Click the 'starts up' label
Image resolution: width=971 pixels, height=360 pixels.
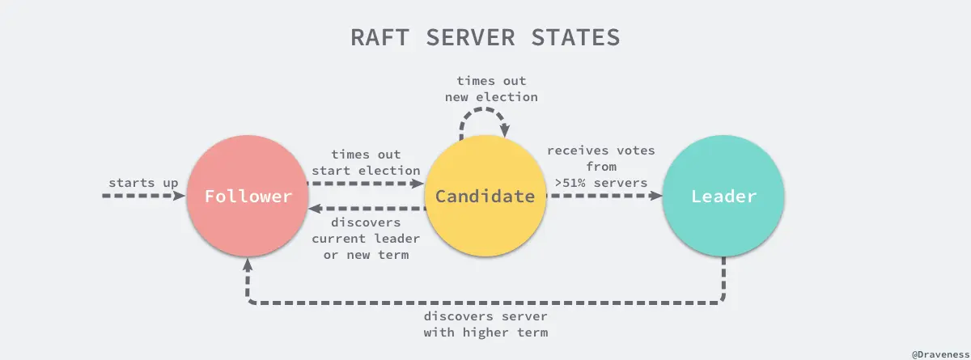[143, 183]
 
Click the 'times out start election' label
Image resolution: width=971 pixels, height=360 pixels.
[366, 162]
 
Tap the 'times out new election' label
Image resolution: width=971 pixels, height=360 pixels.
[491, 89]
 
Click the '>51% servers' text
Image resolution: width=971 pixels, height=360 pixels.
[600, 183]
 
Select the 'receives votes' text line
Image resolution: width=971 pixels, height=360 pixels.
[600, 151]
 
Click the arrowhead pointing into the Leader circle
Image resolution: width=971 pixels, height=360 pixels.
[657, 197]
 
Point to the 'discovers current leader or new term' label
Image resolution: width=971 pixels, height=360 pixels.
[366, 238]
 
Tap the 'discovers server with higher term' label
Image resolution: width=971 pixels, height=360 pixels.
[485, 324]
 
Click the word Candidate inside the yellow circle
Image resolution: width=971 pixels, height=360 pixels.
[485, 197]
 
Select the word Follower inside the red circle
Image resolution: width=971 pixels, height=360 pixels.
[247, 197]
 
